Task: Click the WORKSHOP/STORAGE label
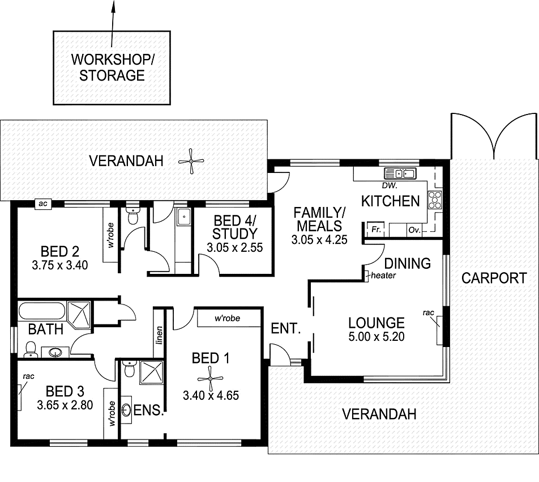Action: coord(112,67)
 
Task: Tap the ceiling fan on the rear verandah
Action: coord(192,161)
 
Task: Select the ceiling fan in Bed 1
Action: coord(210,377)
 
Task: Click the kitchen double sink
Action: coord(400,174)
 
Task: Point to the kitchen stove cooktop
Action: coord(435,199)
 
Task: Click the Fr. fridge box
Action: coord(375,230)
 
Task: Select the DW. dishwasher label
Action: coord(390,186)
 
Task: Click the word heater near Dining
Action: coord(383,276)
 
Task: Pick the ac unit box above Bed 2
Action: coord(42,204)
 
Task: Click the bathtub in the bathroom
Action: coord(42,312)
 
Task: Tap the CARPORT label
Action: coord(494,278)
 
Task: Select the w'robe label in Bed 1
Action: coord(226,318)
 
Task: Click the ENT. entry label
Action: coord(285,329)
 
